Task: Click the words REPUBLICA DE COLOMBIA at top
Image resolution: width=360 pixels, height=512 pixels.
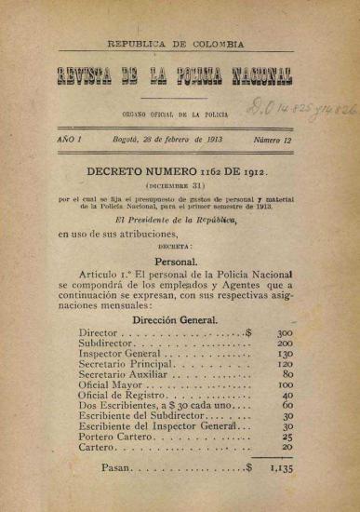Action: click(176, 44)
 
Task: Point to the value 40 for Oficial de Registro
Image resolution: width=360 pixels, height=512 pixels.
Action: click(287, 395)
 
